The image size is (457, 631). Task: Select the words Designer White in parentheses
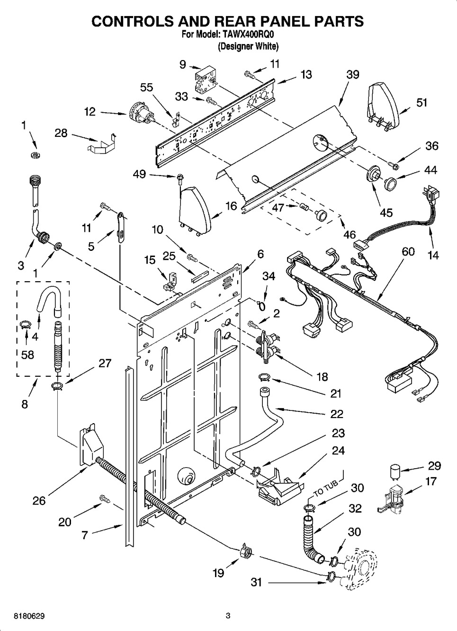tap(248, 46)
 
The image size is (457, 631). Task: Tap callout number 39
tap(353, 74)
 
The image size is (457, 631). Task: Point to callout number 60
tap(408, 251)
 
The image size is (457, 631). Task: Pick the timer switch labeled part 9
tap(205, 79)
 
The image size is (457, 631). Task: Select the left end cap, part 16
tap(195, 211)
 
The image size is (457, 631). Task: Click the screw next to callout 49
tap(179, 179)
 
